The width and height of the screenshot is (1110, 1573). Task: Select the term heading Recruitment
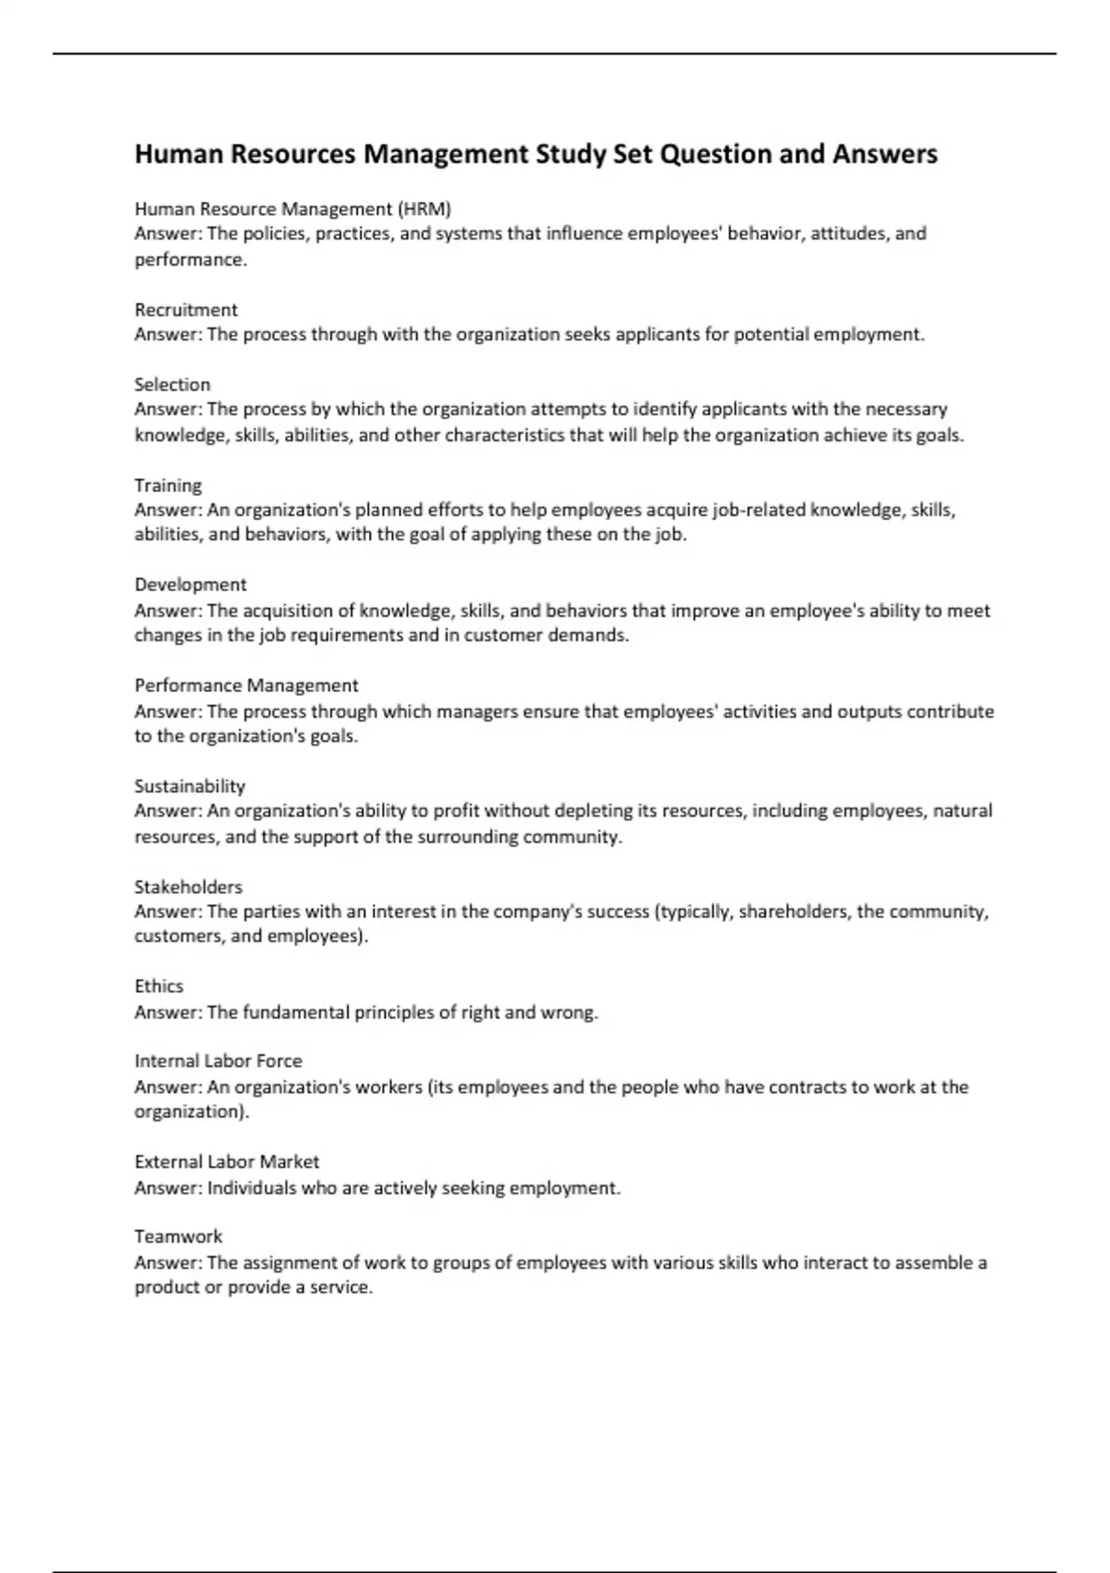click(x=186, y=309)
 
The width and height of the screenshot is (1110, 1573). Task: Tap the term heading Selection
click(x=172, y=384)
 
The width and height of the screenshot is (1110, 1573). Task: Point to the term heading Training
click(x=167, y=485)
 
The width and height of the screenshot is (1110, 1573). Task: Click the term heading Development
click(x=191, y=585)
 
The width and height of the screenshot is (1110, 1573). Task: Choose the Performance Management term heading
click(x=246, y=686)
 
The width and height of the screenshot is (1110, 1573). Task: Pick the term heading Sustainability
click(x=190, y=786)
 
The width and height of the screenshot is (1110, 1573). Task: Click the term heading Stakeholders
click(x=188, y=886)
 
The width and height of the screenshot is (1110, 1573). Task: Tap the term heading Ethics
click(x=159, y=986)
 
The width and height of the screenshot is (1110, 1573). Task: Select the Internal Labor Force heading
click(x=218, y=1061)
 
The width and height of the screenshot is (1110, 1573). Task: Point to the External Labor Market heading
click(x=227, y=1162)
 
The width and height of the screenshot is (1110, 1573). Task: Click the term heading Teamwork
click(x=179, y=1237)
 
